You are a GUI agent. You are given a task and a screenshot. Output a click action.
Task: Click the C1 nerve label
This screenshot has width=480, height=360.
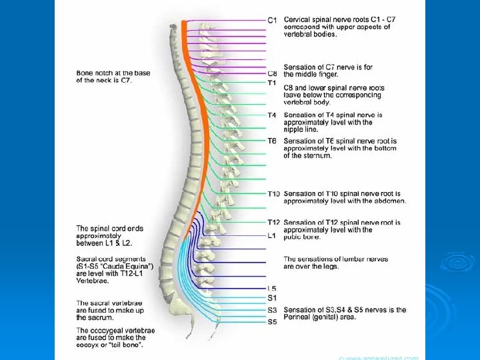click(x=272, y=20)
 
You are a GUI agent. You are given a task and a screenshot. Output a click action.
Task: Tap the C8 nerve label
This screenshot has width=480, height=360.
click(x=272, y=73)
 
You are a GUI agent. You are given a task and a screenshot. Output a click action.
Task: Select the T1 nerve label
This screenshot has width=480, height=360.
click(x=272, y=83)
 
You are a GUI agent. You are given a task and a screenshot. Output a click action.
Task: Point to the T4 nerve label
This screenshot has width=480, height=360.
click(x=272, y=115)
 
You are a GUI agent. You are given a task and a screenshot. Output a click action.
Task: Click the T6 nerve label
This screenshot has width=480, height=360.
click(x=272, y=141)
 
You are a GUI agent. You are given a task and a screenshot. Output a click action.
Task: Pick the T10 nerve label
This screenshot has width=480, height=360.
click(x=274, y=194)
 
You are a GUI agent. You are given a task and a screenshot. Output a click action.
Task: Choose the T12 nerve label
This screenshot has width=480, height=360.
click(x=274, y=222)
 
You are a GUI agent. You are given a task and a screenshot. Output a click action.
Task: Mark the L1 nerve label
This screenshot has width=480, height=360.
click(x=272, y=235)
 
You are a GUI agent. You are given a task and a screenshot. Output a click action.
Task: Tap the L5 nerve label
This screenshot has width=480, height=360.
click(x=272, y=288)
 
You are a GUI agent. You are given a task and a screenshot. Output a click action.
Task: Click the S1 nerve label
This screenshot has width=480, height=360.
click(x=272, y=297)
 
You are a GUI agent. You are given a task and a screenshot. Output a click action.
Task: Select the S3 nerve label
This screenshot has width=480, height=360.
click(x=272, y=310)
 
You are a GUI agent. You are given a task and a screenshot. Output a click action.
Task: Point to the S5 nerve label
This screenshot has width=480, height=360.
click(x=272, y=322)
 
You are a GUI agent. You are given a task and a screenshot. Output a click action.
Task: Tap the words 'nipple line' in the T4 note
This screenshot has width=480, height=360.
click(x=302, y=130)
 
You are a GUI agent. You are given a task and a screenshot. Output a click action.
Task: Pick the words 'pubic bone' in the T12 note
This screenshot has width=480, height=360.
click(x=303, y=237)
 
